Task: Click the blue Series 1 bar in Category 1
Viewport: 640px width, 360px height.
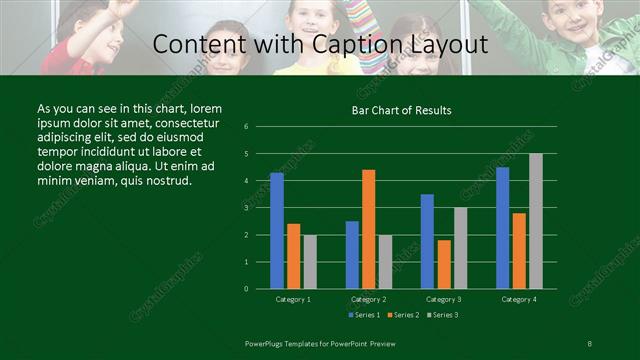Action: [277, 231]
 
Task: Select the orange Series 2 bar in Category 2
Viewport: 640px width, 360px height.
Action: [368, 229]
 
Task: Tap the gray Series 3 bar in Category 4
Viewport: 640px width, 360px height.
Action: [536, 221]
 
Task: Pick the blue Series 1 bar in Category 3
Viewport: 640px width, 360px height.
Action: [427, 241]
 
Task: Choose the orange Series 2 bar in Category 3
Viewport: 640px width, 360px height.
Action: [443, 264]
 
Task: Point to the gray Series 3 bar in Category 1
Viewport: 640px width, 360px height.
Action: [310, 261]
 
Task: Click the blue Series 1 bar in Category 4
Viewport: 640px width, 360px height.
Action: [502, 228]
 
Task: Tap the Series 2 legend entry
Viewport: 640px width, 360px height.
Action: [402, 315]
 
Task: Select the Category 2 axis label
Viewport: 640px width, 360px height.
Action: [369, 299]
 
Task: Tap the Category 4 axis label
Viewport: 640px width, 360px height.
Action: [518, 299]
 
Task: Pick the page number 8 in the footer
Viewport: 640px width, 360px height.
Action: [589, 343]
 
